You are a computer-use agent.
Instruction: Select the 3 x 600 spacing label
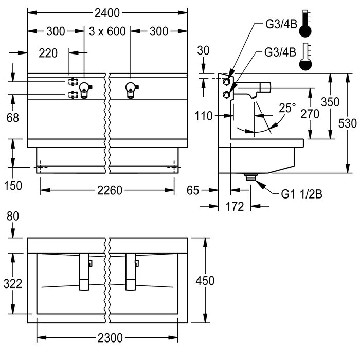[x=107, y=31]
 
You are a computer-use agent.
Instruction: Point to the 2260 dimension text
[x=109, y=190]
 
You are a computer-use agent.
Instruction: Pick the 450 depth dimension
[x=205, y=280]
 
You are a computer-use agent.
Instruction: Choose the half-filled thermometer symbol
[x=305, y=58]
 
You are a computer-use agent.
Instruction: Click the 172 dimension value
[x=236, y=208]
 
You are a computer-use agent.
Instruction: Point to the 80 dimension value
[x=13, y=217]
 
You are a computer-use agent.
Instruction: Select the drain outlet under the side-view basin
[x=251, y=176]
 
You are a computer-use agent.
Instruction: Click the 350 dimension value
[x=330, y=102]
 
